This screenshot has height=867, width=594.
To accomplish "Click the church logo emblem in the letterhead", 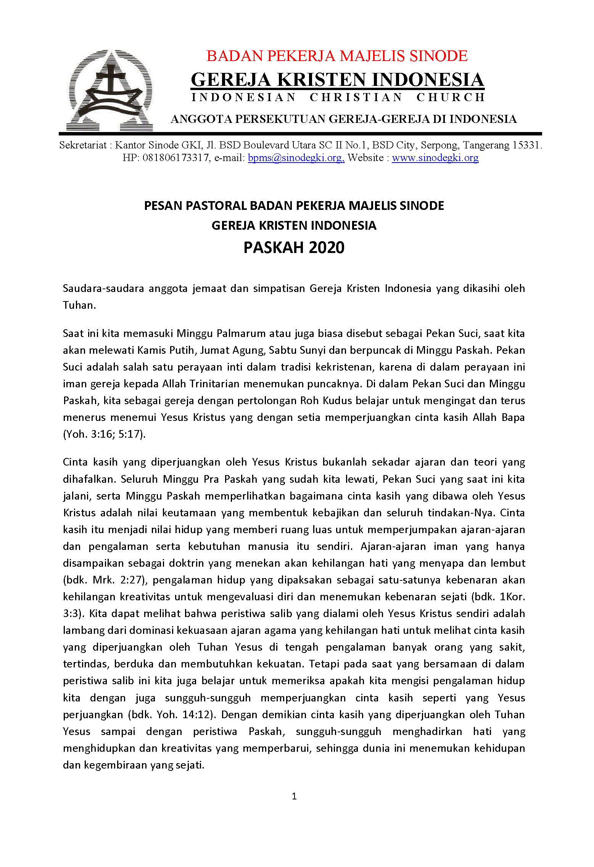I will pyautogui.click(x=110, y=90).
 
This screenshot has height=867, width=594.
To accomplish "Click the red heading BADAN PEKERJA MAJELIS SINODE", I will pyautogui.click(x=337, y=56).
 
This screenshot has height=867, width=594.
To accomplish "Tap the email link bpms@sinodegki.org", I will pyautogui.click(x=296, y=158).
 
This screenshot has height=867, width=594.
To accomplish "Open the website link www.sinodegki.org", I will pyautogui.click(x=435, y=158).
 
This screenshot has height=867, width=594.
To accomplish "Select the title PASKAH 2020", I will pyautogui.click(x=294, y=248).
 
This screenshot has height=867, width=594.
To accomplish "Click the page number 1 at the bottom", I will pyautogui.click(x=294, y=796).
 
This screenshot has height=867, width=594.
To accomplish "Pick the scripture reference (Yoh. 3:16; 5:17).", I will pyautogui.click(x=104, y=434).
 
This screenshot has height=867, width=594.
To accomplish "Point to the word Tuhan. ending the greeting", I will pyautogui.click(x=79, y=305).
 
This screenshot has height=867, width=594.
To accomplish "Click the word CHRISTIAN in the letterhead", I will pyautogui.click(x=356, y=98).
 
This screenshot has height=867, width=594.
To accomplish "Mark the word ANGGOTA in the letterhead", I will pyautogui.click(x=201, y=119).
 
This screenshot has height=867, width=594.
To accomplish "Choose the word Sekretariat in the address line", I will pyautogui.click(x=83, y=145).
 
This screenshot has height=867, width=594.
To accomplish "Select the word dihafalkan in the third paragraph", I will pyautogui.click(x=89, y=479).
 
